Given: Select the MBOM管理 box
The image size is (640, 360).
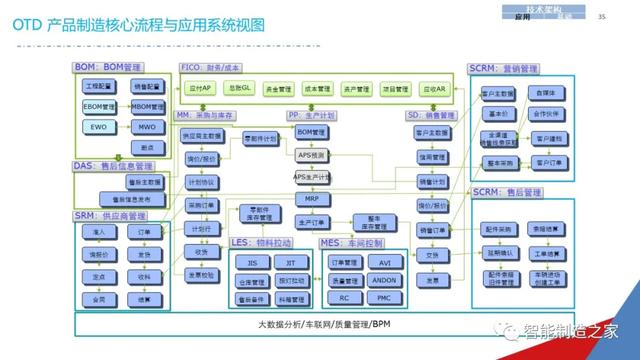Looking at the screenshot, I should tap(147, 106).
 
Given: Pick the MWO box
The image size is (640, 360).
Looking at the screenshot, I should tap(147, 127).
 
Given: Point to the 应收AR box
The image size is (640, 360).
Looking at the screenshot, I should tap(434, 89).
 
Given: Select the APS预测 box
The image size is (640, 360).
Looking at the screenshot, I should tap(312, 155).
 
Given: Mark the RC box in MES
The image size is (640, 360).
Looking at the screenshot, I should tap(343, 298).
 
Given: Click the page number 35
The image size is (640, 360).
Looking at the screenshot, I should tap(600, 16).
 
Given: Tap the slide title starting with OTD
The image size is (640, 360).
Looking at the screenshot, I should tap(140, 22).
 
